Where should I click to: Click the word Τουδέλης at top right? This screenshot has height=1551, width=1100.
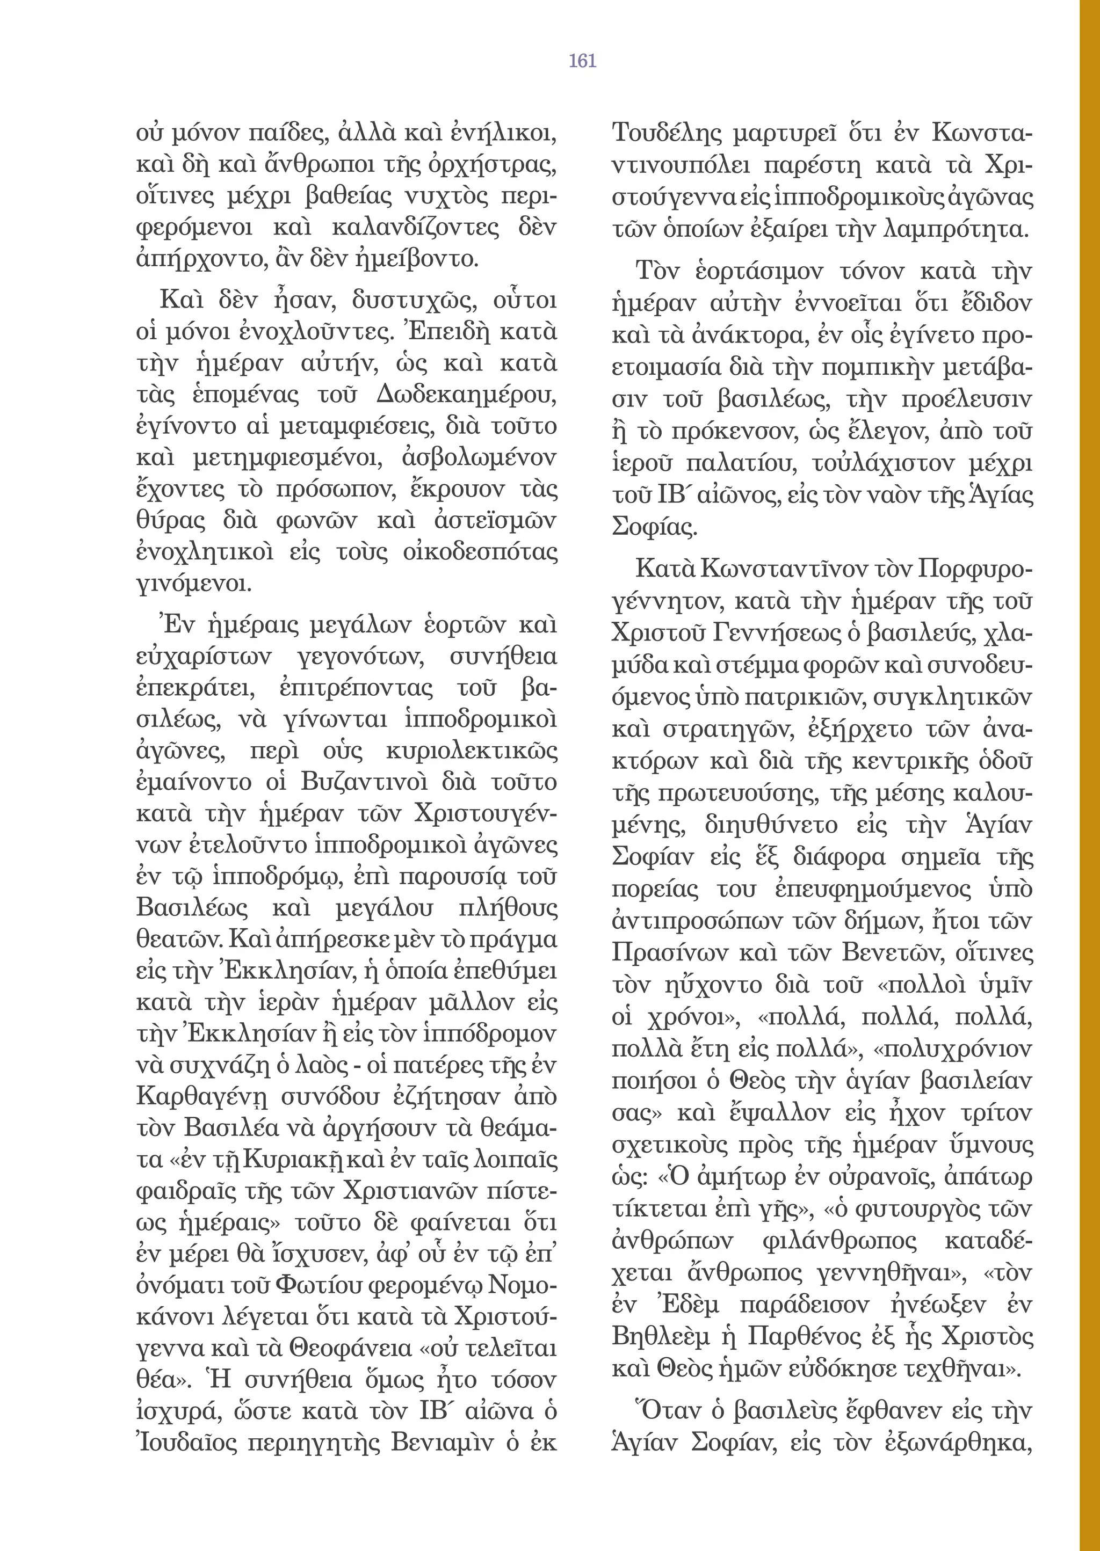coord(667,133)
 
